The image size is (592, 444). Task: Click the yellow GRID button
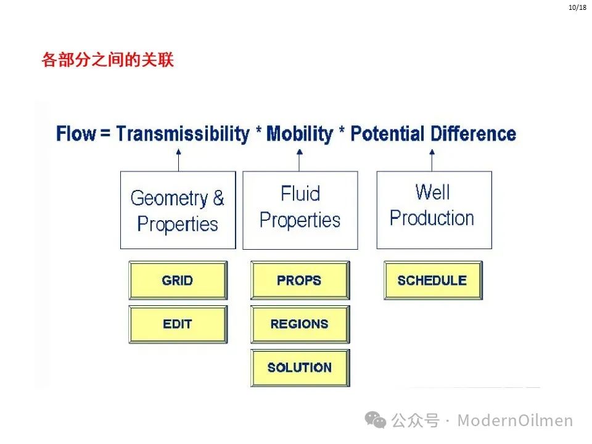(x=178, y=280)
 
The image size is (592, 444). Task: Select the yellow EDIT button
(x=178, y=324)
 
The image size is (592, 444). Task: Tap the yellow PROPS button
(x=300, y=280)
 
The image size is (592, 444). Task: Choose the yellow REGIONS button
(x=300, y=324)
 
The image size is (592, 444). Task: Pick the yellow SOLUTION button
(x=300, y=368)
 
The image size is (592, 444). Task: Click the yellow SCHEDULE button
(x=433, y=280)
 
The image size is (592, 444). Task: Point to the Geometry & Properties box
(x=178, y=210)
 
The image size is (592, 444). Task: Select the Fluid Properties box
(x=300, y=210)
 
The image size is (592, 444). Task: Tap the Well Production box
(x=434, y=210)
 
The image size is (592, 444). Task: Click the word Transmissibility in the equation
(x=183, y=134)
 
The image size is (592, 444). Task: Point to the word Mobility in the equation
(x=300, y=134)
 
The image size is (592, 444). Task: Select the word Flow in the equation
(x=76, y=134)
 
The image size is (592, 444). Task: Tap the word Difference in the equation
(x=474, y=134)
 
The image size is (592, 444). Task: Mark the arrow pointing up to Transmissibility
(x=179, y=160)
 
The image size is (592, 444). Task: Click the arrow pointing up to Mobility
(x=300, y=160)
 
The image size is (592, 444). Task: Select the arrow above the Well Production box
(x=432, y=160)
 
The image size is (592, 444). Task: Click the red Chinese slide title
(x=107, y=60)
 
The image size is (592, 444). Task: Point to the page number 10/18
(x=577, y=7)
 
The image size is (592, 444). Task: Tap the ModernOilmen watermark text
(x=515, y=420)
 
